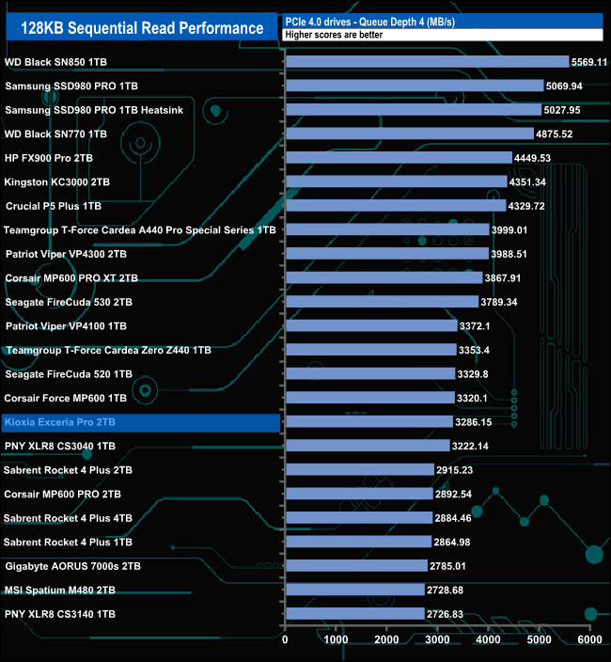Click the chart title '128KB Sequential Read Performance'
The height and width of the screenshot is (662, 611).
[x=142, y=28]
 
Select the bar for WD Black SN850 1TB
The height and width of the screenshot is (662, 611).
[x=427, y=62]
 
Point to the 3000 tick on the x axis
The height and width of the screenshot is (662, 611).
[x=437, y=639]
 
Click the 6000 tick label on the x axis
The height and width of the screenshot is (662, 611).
[x=588, y=639]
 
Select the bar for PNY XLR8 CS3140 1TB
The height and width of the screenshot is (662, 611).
[x=354, y=614]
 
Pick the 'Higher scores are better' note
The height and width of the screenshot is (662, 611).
[x=324, y=34]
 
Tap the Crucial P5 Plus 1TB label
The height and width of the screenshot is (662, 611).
[x=53, y=206]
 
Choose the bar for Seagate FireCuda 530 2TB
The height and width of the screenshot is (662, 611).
[x=382, y=302]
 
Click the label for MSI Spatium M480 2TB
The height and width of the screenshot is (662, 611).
[x=60, y=590]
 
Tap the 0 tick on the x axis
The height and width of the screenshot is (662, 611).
[x=285, y=639]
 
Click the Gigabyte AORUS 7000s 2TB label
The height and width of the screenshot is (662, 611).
[x=73, y=566]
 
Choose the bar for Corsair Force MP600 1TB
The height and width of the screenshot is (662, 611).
[x=369, y=398]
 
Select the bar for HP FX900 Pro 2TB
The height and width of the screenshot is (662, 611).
[x=399, y=158]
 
